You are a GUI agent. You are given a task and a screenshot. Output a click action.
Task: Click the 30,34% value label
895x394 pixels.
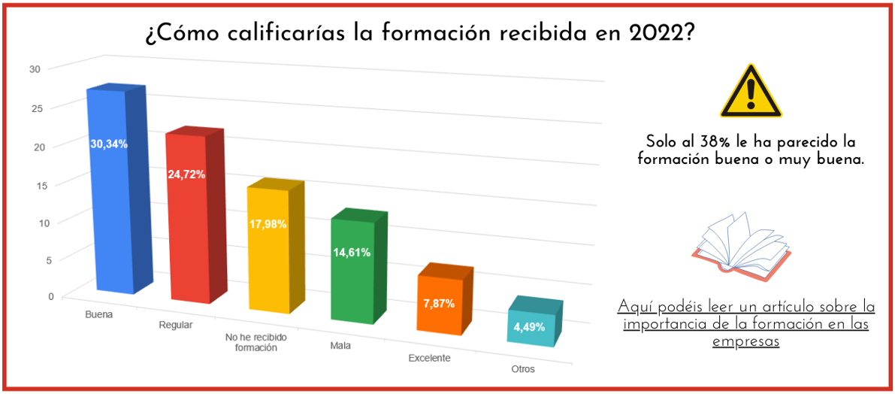(109, 144)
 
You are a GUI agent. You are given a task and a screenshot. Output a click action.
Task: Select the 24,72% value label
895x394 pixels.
(186, 174)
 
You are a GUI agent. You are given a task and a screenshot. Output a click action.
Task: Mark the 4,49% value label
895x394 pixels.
(529, 327)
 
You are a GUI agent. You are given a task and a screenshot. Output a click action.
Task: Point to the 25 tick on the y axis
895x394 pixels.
(36, 108)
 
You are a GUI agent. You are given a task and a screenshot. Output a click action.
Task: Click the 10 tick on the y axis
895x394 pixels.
(36, 223)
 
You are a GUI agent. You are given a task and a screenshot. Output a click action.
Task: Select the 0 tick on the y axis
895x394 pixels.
(31, 296)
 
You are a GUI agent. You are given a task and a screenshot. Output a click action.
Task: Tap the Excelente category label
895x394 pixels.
(429, 358)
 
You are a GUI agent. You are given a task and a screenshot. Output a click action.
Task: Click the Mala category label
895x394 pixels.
(340, 346)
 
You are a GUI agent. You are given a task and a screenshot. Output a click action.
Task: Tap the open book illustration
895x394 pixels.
(740, 244)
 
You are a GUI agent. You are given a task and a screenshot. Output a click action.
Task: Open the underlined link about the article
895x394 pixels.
(746, 324)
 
